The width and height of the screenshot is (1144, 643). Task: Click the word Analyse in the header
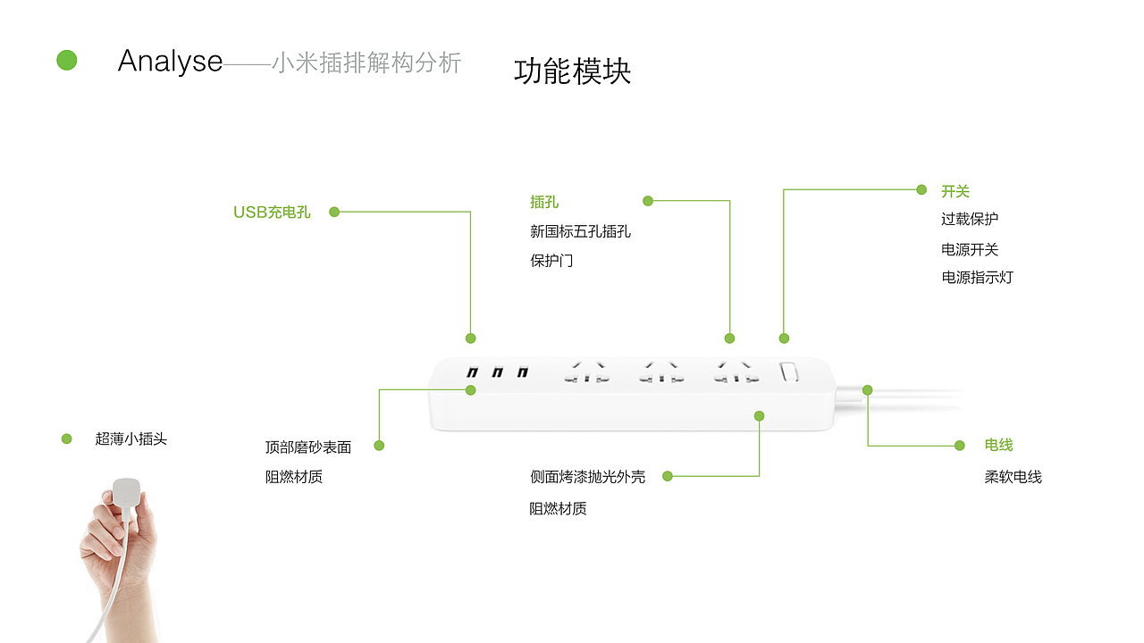point(170,61)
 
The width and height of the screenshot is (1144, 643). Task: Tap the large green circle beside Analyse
point(67,61)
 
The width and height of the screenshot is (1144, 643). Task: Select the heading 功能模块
point(572,71)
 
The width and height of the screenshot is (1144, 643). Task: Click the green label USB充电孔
point(272,213)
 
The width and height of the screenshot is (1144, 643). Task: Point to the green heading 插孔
point(544,203)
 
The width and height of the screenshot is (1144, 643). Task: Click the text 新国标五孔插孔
point(580,231)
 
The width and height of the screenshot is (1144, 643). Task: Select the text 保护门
point(551,261)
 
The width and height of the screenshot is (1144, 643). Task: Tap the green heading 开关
point(955,191)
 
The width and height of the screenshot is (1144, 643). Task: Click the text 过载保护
point(970,219)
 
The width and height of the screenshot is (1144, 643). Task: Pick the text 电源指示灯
point(977,277)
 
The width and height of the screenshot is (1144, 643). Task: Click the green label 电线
point(998,445)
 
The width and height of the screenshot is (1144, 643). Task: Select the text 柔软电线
point(1013,477)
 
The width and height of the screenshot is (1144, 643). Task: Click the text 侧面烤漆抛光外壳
point(587,477)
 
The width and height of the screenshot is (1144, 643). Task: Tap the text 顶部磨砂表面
point(308,447)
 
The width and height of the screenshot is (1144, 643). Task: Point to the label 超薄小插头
point(130,438)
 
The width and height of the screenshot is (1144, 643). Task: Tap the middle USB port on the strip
point(498,372)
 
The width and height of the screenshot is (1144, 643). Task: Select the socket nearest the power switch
point(736,372)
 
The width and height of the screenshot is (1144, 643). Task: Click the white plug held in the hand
point(125,494)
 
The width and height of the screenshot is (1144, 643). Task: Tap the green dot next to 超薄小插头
point(66,438)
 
